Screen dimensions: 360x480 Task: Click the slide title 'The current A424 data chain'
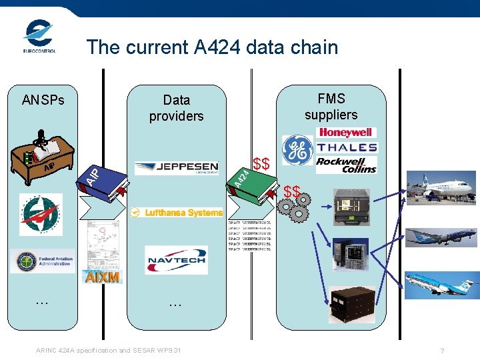[x=212, y=47]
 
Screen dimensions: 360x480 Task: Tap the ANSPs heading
[x=43, y=100]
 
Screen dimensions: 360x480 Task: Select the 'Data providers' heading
[x=176, y=108]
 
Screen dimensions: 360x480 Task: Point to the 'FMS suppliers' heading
[x=331, y=107]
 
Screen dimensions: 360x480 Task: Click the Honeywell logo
[x=347, y=133]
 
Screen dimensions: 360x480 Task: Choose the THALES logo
[x=347, y=147]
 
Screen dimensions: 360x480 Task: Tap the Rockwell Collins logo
[x=346, y=165]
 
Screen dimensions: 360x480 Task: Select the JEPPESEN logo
[x=176, y=167]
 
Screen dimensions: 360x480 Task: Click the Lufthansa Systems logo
[x=176, y=213]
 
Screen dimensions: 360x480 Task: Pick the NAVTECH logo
[x=176, y=259]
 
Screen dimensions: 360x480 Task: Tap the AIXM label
[x=102, y=277]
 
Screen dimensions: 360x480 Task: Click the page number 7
[x=442, y=351]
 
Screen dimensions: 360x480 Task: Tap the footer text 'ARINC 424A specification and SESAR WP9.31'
[x=108, y=351]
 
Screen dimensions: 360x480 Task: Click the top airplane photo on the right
[x=449, y=188]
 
